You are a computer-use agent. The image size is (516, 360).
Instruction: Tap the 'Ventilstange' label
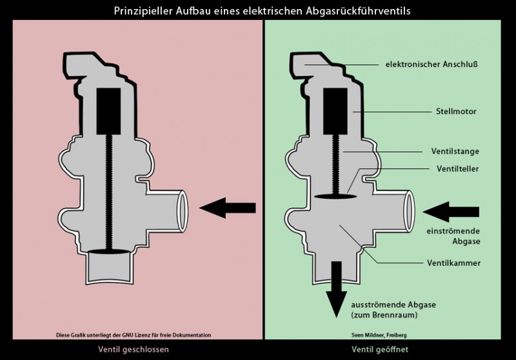point(455,151)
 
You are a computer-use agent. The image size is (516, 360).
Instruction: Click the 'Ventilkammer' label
point(453,263)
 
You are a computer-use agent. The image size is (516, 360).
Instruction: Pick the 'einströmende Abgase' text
point(451,236)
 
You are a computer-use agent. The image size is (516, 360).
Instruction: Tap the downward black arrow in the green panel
point(335,288)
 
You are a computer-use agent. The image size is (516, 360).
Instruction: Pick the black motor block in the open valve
point(335,108)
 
